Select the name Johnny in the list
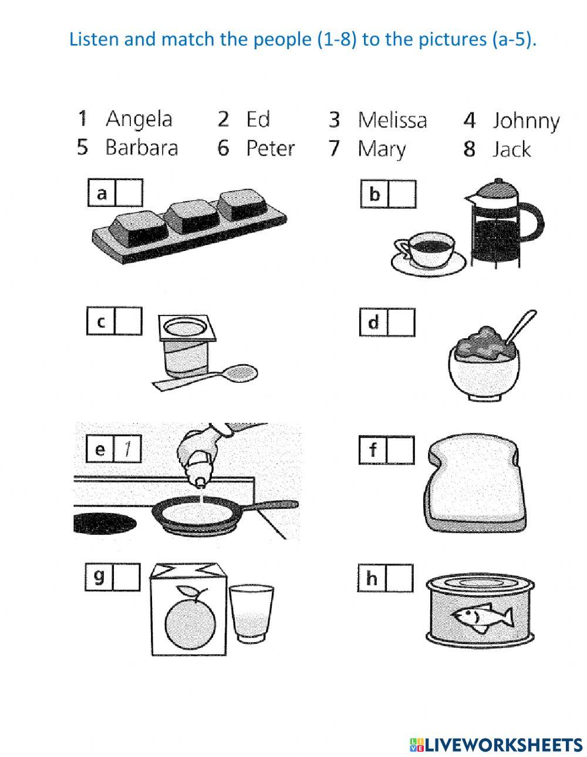(x=525, y=121)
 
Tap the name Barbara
(x=141, y=147)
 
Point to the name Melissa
(x=392, y=120)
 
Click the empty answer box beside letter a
(x=129, y=193)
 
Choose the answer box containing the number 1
(x=127, y=449)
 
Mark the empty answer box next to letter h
(x=400, y=578)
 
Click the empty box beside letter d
(x=401, y=323)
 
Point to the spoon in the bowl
(x=521, y=327)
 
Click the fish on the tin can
(x=483, y=617)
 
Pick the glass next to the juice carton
(x=251, y=614)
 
